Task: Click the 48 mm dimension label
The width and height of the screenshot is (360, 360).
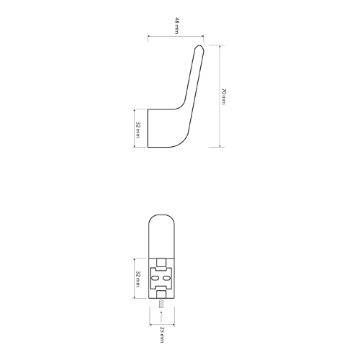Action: (x=177, y=25)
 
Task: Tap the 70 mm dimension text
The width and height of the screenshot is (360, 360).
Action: (x=223, y=96)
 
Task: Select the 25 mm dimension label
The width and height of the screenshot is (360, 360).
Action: (x=162, y=335)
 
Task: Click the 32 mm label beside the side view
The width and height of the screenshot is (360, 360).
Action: (x=138, y=130)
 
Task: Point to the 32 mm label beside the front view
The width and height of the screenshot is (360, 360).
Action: (x=138, y=279)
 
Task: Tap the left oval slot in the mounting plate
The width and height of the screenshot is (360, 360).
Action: (x=155, y=278)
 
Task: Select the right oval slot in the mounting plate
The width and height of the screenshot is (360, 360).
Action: (x=166, y=278)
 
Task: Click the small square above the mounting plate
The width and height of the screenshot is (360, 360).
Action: (x=161, y=263)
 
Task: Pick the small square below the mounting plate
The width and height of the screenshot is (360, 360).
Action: (x=161, y=294)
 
